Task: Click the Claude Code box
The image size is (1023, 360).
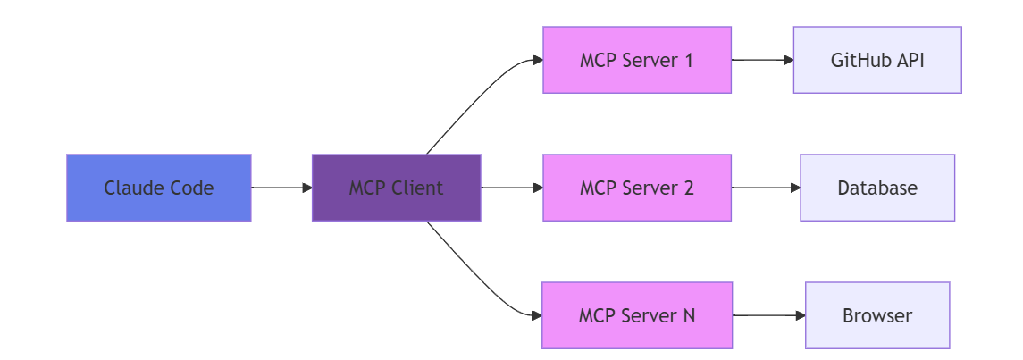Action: (x=158, y=188)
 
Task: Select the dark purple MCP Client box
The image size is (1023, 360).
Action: (x=396, y=188)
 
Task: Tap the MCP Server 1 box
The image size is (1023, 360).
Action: (x=637, y=60)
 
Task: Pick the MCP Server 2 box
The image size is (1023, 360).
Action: (x=637, y=188)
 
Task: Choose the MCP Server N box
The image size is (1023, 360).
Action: (x=637, y=315)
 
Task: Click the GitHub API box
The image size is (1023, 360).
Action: (x=877, y=60)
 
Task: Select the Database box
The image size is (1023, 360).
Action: (x=877, y=188)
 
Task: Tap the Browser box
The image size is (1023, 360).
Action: (x=877, y=315)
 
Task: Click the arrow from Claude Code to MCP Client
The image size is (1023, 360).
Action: (x=281, y=188)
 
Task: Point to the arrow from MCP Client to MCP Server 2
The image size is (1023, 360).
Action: (x=512, y=188)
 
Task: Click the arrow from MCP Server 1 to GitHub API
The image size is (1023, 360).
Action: (x=763, y=60)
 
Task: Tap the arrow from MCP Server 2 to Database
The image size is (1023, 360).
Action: (x=766, y=188)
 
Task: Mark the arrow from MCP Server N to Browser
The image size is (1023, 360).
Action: (x=768, y=315)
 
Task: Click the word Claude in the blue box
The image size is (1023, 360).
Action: (x=125, y=188)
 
